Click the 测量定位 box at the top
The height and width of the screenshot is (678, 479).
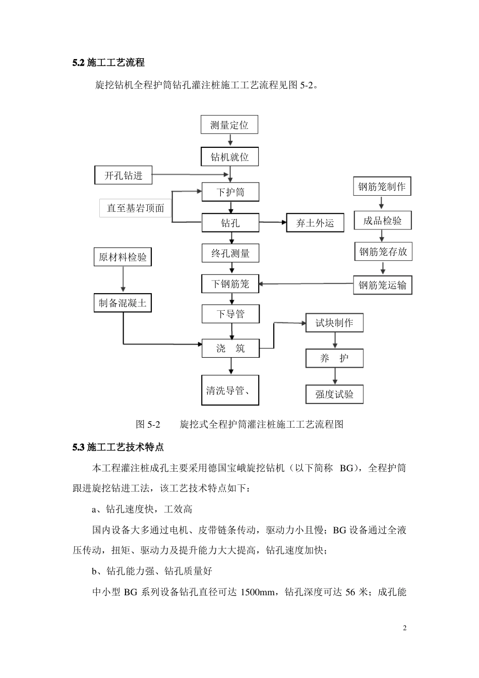click(229, 125)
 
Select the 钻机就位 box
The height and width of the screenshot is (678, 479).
click(229, 157)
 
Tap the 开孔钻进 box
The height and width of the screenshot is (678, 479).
click(124, 176)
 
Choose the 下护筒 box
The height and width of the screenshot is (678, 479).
click(230, 192)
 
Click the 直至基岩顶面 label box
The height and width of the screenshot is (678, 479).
click(136, 208)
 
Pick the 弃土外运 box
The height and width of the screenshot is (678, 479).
click(315, 223)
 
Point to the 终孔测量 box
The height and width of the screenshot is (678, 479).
click(230, 253)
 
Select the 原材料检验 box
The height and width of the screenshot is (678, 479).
click(123, 257)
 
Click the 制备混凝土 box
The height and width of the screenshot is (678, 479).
click(123, 303)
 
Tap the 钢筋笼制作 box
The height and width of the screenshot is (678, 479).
click(382, 187)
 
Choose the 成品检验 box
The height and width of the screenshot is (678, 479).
click(382, 220)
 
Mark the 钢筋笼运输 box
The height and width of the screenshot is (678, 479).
click(382, 285)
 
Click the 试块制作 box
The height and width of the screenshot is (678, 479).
click(334, 323)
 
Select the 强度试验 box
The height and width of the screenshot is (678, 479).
click(334, 394)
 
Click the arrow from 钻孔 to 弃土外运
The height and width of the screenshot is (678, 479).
click(272, 222)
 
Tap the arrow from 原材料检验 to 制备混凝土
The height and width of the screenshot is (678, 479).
click(123, 279)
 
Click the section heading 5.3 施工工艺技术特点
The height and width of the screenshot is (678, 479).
click(118, 447)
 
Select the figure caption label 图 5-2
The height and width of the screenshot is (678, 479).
click(148, 424)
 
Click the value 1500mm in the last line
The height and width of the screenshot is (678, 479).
click(257, 592)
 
